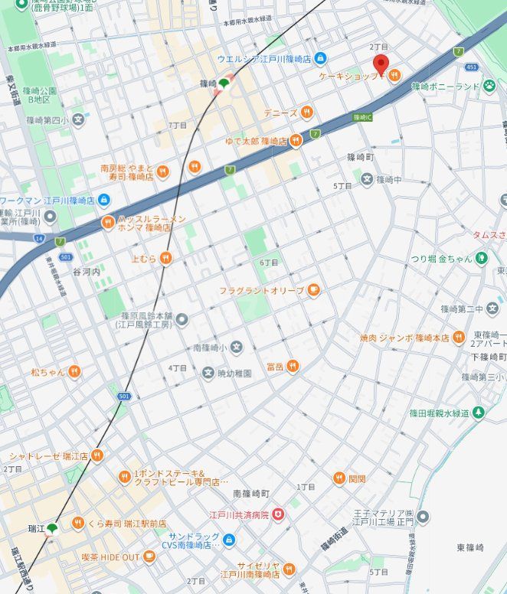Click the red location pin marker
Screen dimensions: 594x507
point(381,64)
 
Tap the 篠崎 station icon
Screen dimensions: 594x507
point(224,83)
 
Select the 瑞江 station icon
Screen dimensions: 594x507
point(52,529)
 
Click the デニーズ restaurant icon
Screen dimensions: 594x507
point(306,113)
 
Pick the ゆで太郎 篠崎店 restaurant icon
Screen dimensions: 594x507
point(296,141)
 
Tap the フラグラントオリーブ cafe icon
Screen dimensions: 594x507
point(312,290)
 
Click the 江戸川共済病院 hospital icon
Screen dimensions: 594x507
point(278,515)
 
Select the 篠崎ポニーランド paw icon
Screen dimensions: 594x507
point(489,86)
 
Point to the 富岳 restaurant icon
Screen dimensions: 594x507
point(292,367)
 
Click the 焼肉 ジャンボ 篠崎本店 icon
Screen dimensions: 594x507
point(459,338)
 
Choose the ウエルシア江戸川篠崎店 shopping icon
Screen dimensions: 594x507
point(320,58)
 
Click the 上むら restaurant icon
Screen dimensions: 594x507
point(165,259)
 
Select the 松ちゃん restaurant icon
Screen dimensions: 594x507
point(74,371)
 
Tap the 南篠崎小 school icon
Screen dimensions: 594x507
point(236,348)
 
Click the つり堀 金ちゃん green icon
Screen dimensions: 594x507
point(481,258)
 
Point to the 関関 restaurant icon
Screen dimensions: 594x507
point(339,478)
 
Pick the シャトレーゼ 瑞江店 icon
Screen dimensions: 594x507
point(97,455)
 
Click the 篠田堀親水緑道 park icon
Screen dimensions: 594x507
point(479,413)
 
